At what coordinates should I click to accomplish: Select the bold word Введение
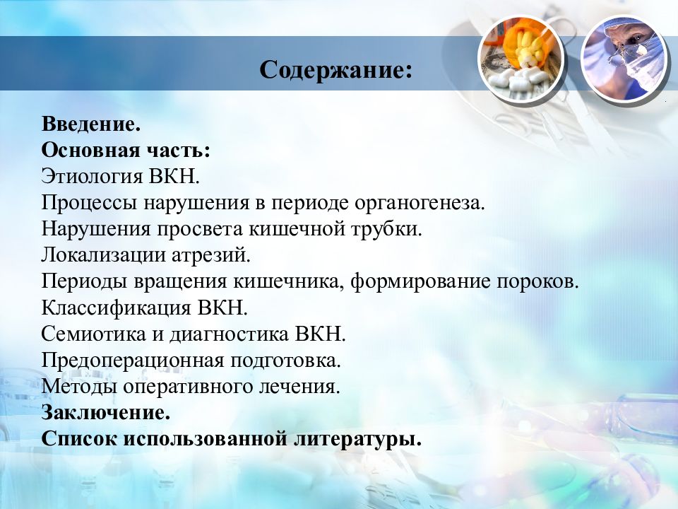point(91,124)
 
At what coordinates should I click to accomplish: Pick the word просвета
point(200,229)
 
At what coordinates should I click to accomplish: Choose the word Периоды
point(84,281)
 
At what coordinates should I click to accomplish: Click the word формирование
point(420,281)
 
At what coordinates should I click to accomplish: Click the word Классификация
point(116,308)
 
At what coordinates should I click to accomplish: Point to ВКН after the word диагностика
point(321,334)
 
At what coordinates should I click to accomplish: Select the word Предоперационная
point(132,360)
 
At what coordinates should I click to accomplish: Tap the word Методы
point(79,386)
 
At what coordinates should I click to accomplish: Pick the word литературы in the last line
point(357,439)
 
